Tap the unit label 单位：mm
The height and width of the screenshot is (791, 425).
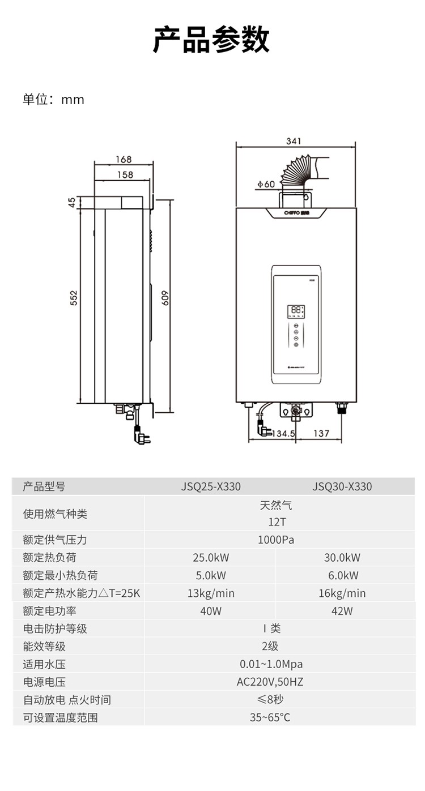(x=53, y=100)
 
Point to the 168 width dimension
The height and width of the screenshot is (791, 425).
(x=123, y=160)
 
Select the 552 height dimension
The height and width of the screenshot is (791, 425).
(x=74, y=298)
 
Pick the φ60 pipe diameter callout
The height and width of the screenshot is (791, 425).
(x=265, y=184)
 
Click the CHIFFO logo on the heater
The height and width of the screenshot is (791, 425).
(x=296, y=213)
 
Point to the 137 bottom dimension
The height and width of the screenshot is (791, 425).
(x=321, y=433)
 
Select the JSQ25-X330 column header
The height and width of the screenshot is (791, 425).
(x=211, y=486)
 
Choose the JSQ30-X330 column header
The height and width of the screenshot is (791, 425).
(x=342, y=486)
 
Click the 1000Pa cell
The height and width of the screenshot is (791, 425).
(x=276, y=540)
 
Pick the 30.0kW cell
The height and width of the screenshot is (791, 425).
(x=342, y=558)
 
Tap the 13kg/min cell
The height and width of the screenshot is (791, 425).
(x=211, y=593)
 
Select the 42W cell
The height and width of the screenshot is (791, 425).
(x=342, y=611)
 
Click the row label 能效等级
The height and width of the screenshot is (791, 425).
(x=44, y=647)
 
